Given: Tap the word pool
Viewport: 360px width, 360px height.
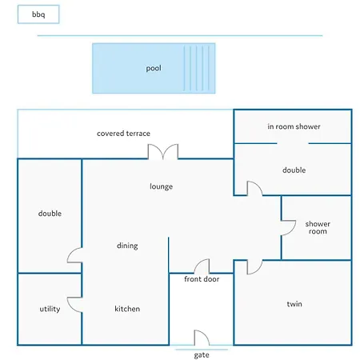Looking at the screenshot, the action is coord(154,69).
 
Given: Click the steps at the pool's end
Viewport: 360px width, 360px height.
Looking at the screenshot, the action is coord(199,68).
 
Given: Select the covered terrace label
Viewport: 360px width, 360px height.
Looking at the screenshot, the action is coord(123,134).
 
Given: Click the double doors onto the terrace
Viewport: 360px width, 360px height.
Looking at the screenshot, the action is coord(163,152).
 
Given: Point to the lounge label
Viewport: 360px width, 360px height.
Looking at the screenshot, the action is coord(161,186).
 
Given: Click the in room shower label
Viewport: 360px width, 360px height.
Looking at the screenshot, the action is coord(294,126).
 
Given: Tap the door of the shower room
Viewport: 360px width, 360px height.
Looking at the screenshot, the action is coord(289,228).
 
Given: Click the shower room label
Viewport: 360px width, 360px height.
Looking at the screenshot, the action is coord(318,227).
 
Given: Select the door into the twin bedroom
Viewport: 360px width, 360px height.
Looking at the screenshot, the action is coord(254,267).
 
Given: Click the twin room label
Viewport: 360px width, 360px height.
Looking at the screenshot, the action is coord(294,304).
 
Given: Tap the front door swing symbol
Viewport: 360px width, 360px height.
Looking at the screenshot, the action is coord(202,266).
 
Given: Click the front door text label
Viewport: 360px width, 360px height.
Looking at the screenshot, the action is coord(202,279).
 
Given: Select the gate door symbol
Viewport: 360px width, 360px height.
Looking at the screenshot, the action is coord(202,338).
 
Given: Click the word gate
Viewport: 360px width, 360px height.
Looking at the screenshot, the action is coord(202,355).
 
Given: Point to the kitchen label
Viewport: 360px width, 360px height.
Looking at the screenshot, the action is coord(127,309).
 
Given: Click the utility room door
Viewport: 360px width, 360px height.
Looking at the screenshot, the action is coord(74,305).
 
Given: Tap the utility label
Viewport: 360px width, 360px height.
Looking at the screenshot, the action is coord(50,309).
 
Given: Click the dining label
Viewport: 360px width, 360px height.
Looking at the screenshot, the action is coord(127,246).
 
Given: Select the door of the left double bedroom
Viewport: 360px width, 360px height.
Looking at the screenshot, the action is coord(74,255).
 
